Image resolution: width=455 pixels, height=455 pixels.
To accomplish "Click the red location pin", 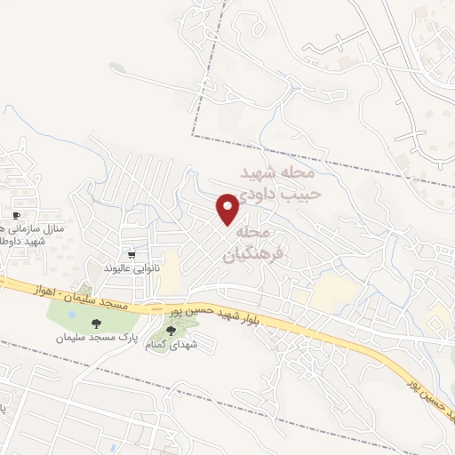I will [228, 208].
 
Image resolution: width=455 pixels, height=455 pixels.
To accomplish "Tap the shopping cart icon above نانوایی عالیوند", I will [132, 254].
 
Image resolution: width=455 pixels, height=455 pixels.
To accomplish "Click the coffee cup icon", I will [16, 216].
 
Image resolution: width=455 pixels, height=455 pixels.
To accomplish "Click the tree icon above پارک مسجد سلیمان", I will [96, 323].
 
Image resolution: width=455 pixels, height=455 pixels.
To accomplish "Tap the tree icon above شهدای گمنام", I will [171, 330].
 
